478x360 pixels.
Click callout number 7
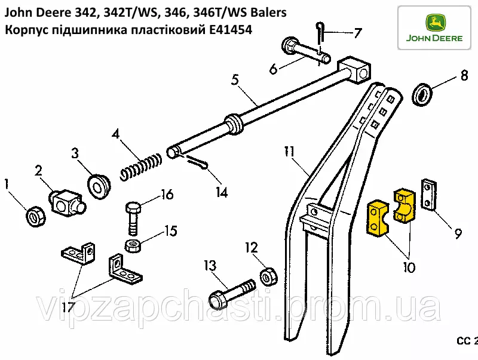pos(357,33)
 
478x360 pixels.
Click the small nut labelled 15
pos(133,245)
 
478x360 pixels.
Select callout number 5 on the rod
pos(235,78)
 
